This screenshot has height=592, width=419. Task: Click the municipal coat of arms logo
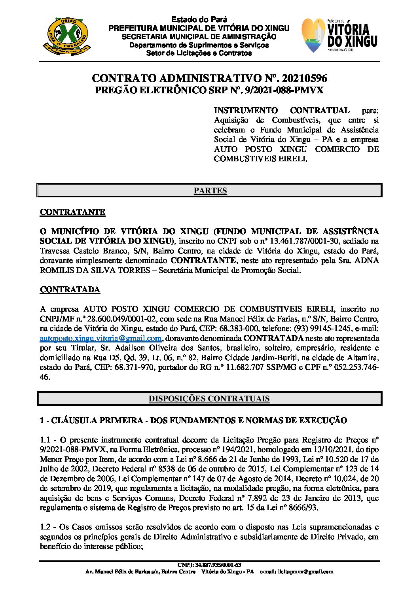coord(66,36)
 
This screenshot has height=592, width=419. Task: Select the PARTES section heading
coord(210,191)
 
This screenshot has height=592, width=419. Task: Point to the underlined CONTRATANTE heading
coord(72,212)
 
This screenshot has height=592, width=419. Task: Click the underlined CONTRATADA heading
coord(70,289)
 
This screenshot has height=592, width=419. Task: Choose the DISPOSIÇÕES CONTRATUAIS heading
coord(209,399)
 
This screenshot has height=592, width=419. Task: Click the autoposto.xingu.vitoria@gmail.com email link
coord(100,338)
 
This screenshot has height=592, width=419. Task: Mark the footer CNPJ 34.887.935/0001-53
coord(209,565)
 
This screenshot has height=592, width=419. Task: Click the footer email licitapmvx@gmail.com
coord(306,571)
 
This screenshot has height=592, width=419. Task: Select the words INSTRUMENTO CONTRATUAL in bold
coord(282,110)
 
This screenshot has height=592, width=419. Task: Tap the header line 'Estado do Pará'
coord(199,19)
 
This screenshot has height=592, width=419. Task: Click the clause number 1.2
coord(46,527)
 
